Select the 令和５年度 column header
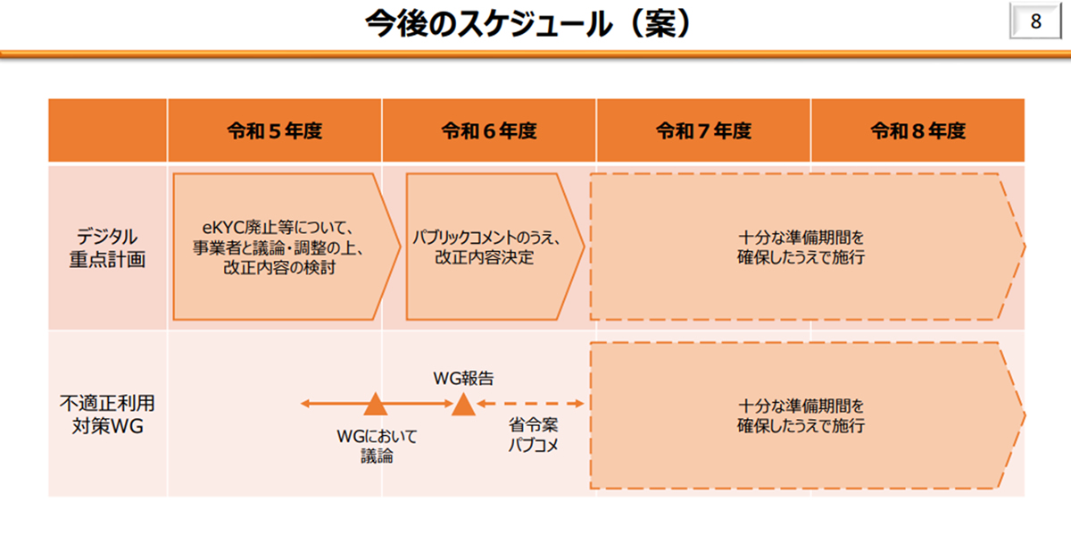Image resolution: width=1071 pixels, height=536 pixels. [x=274, y=131]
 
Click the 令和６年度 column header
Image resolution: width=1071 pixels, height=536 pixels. [x=489, y=131]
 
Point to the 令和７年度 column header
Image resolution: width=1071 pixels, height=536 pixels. [x=703, y=131]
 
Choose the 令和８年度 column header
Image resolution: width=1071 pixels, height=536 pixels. [x=917, y=131]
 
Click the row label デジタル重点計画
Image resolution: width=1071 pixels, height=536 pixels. [x=107, y=247]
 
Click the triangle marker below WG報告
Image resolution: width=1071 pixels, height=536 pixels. [x=462, y=405]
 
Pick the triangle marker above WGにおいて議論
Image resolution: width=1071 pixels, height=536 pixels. [x=376, y=405]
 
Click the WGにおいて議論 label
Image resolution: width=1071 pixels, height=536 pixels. [x=376, y=446]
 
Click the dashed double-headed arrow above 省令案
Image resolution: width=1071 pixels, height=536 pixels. [x=530, y=405]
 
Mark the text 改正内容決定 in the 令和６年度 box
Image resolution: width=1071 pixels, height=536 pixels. [x=485, y=257]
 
